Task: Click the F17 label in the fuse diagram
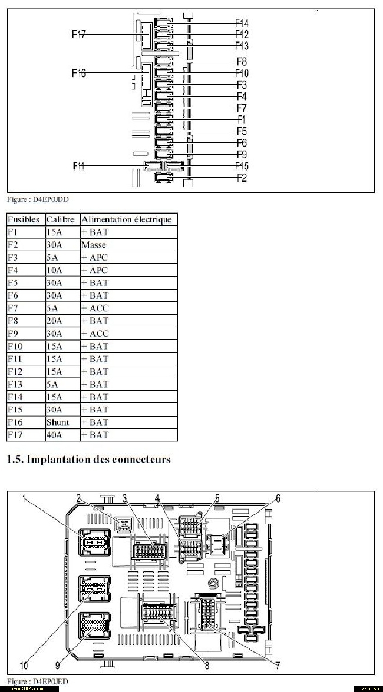[78, 34]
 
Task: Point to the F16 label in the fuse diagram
[78, 73]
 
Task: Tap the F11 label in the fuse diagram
[78, 166]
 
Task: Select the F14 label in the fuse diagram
[242, 23]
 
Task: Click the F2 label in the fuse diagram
[242, 178]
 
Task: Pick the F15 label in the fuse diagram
[242, 167]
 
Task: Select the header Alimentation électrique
[126, 219]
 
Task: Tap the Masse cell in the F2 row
[94, 245]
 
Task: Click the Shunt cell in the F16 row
[58, 422]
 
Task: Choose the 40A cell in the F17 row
[52, 435]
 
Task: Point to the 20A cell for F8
[52, 321]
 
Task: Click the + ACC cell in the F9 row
[94, 334]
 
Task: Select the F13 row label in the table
[15, 384]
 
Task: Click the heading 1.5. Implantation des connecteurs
[89, 459]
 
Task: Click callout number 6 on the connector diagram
[278, 498]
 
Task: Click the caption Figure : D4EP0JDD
[38, 199]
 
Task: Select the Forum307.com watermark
[25, 689]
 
